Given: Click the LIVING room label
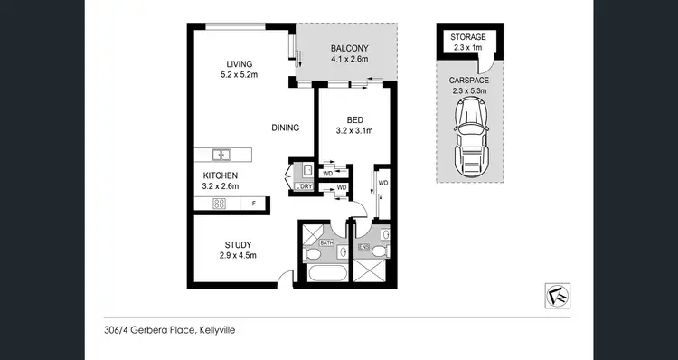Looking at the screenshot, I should (239, 63).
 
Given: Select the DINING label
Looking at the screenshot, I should (286, 128).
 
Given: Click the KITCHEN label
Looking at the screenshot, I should (220, 175).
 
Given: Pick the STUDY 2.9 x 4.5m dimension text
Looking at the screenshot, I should (239, 256).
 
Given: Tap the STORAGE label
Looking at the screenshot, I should (468, 37).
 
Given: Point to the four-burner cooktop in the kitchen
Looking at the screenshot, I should (218, 204).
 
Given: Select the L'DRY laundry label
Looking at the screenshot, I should (304, 186).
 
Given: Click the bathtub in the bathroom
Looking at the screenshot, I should (326, 273).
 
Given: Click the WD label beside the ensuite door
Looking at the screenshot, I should (383, 183).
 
